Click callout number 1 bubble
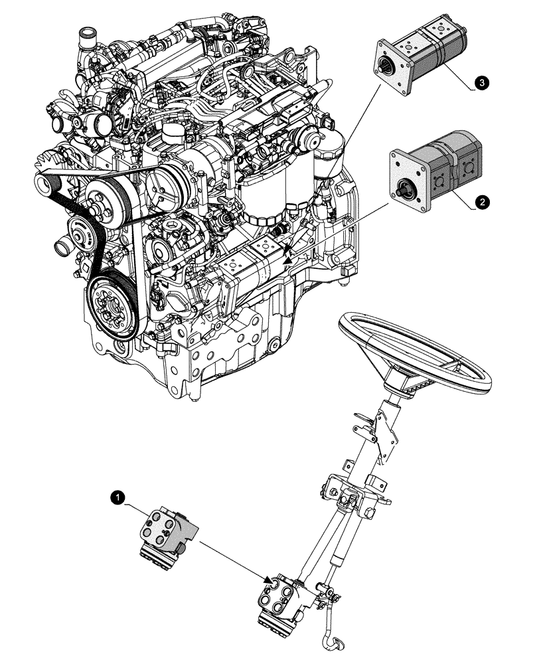[118, 496]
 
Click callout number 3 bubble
[482, 82]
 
